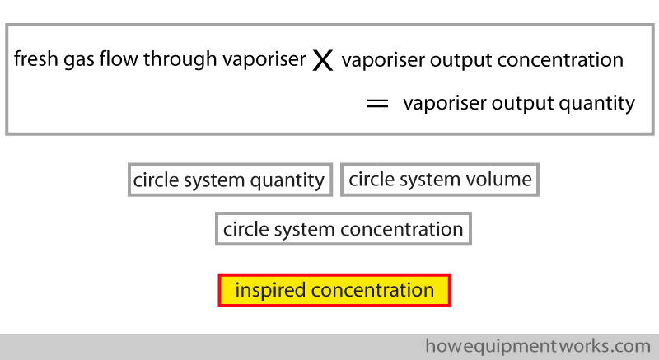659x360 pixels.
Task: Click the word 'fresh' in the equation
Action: coord(35,58)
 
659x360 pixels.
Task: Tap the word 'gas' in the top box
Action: coord(78,60)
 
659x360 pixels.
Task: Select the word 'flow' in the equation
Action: coord(119,58)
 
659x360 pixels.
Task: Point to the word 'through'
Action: coord(180,59)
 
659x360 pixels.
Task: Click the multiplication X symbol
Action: coord(323,60)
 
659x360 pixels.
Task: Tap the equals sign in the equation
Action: coord(377,104)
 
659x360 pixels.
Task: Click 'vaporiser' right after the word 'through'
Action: coord(264,60)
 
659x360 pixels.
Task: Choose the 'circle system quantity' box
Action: coord(231,180)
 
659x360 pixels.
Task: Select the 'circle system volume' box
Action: coord(440,180)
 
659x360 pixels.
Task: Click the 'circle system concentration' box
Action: coord(344,229)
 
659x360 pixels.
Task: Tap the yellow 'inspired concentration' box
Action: coord(334,290)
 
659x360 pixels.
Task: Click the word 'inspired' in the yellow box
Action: coord(270,290)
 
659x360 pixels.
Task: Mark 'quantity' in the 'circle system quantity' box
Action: coord(287,181)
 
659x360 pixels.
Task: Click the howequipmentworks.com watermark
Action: coord(538,346)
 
